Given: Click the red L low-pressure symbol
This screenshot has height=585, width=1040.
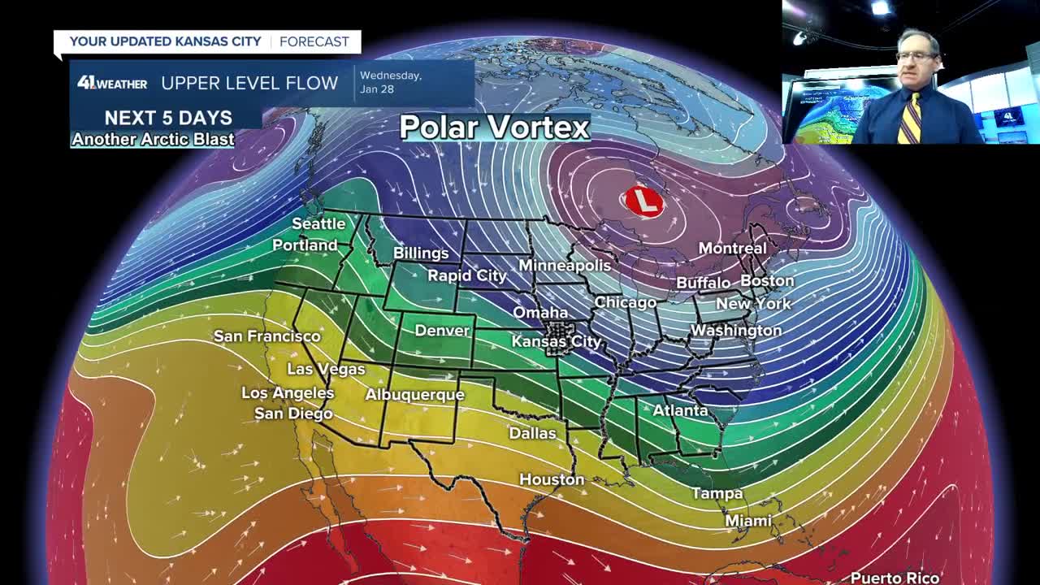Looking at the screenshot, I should click(643, 201).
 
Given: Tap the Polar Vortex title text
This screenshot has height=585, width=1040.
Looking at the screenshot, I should click(494, 128).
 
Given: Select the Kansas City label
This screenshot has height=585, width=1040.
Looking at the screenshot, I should click(556, 341).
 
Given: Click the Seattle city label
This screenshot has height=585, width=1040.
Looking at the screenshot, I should click(318, 223).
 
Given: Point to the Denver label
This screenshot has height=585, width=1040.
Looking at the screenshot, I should click(442, 331).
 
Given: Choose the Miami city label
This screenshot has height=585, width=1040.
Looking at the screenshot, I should click(748, 520).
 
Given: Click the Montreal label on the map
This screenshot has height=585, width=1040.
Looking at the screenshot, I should click(732, 249).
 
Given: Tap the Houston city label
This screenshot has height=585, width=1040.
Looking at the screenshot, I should click(552, 480).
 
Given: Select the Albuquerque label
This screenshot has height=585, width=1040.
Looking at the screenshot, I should click(414, 395).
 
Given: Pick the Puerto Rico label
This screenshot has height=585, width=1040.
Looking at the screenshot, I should click(895, 578).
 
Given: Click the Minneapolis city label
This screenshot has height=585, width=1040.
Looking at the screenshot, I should click(565, 266).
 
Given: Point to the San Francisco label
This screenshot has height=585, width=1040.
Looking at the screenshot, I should click(266, 336).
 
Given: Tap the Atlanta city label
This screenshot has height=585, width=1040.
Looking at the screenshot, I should click(680, 411).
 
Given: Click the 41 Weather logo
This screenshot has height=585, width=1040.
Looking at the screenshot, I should click(112, 83).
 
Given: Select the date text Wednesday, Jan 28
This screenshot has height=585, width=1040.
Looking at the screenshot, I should click(391, 82).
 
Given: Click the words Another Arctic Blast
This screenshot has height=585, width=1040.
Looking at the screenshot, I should click(153, 139).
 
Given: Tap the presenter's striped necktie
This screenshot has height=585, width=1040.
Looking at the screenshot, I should click(911, 119).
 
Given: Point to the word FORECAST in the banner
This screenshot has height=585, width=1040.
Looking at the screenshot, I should click(314, 41).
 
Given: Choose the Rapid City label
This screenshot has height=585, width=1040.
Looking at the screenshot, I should click(467, 276).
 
